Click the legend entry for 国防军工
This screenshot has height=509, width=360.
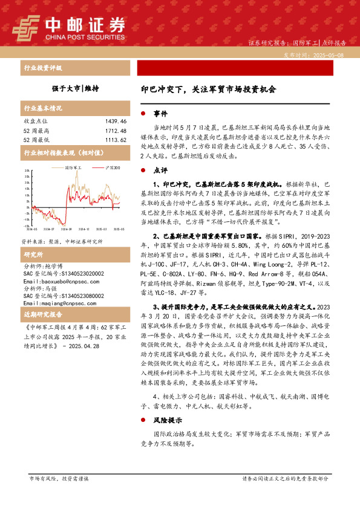(74, 167)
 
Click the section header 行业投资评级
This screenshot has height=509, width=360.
(42, 68)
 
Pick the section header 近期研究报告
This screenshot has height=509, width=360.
(42, 299)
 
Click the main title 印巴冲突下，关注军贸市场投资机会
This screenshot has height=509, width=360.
(208, 89)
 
